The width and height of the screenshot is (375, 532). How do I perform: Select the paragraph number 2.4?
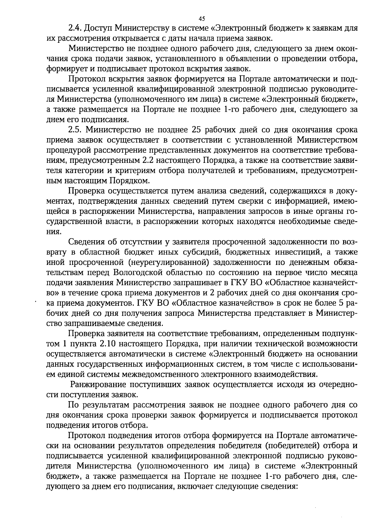tap(75, 29)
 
